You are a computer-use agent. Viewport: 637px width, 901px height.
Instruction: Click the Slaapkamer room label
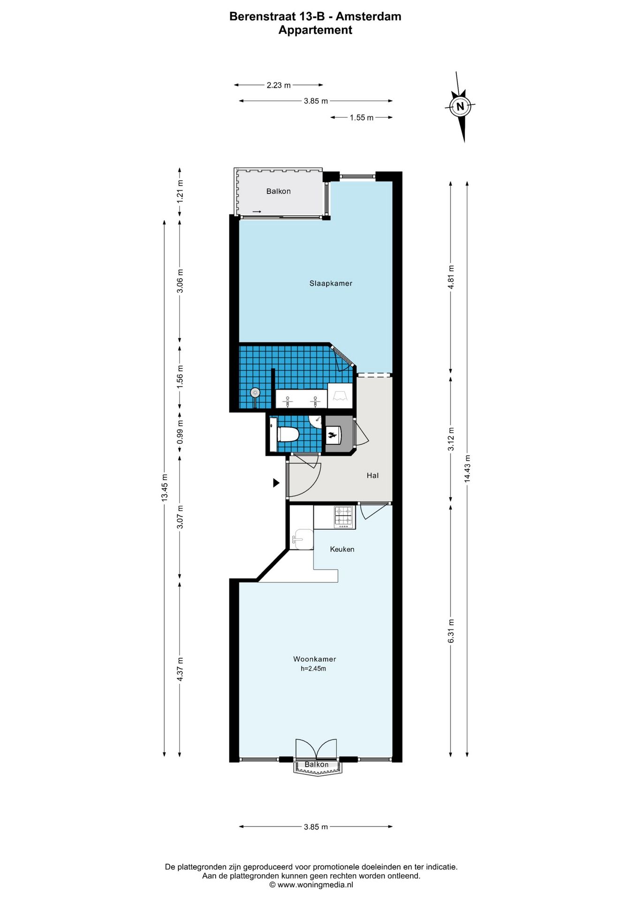tap(331, 283)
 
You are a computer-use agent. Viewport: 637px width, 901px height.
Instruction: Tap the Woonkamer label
tap(315, 659)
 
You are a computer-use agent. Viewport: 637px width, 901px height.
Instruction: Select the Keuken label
tap(342, 549)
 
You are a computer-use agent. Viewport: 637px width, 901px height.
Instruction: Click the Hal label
tap(372, 475)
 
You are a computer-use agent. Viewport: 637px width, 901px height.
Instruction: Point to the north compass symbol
tap(460, 107)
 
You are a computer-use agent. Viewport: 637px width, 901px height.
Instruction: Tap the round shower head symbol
tap(255, 392)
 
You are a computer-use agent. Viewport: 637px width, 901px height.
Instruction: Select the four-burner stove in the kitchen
tap(344, 517)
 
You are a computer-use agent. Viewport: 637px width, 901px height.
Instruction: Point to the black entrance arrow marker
tap(276, 482)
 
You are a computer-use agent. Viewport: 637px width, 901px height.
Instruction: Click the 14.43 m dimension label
tap(467, 469)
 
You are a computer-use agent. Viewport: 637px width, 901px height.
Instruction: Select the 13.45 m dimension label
tap(164, 488)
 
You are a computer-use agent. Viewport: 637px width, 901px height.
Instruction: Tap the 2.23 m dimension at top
tap(279, 85)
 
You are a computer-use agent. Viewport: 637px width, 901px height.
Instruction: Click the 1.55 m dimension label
tap(362, 118)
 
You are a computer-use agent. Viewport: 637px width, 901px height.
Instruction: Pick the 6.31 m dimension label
tap(451, 631)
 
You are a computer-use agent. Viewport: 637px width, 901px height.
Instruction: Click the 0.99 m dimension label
tap(180, 432)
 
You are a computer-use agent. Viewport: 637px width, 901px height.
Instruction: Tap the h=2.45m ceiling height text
tap(313, 669)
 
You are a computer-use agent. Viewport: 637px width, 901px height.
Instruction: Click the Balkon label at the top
tap(279, 191)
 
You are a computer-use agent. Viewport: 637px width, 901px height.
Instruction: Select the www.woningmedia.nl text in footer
tap(315, 885)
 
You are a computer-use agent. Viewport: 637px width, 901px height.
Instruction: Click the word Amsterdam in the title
tap(368, 16)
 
